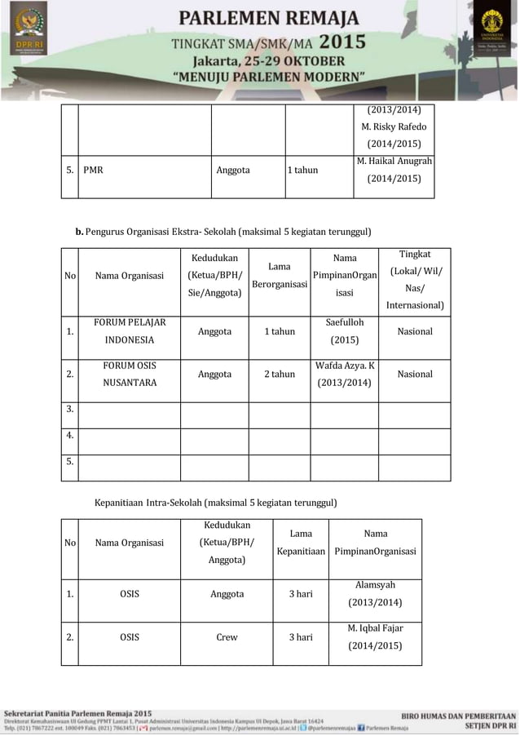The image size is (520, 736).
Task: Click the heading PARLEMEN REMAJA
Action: click(270, 18)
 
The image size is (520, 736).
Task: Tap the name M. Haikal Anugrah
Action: click(394, 162)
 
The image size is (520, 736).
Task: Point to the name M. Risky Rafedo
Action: click(394, 126)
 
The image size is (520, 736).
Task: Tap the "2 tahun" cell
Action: click(280, 375)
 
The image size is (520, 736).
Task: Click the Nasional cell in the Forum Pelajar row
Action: click(415, 331)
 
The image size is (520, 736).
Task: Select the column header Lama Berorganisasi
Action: click(280, 276)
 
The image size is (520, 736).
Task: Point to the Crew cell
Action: click(227, 637)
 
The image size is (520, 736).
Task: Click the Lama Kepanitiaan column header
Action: click(301, 543)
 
